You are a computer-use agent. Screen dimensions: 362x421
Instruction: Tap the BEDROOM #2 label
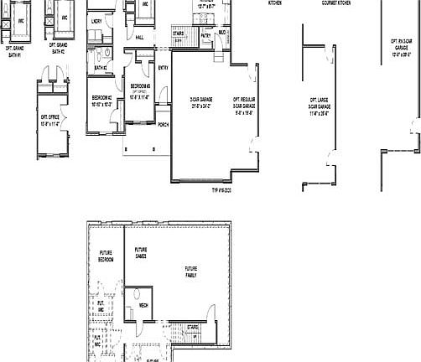102,98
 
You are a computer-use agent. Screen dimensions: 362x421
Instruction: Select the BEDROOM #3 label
139,88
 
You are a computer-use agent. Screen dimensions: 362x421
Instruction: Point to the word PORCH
163,125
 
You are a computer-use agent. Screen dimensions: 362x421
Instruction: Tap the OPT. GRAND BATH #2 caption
58,49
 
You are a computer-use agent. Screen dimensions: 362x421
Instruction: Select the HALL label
139,38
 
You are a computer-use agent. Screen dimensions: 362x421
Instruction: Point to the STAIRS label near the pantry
178,34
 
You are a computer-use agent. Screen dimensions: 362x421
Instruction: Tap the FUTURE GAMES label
140,252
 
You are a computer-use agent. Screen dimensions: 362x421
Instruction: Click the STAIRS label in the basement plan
192,327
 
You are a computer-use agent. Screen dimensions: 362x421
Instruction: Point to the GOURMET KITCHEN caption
336,3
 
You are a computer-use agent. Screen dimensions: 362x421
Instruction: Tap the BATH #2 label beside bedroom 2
100,67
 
